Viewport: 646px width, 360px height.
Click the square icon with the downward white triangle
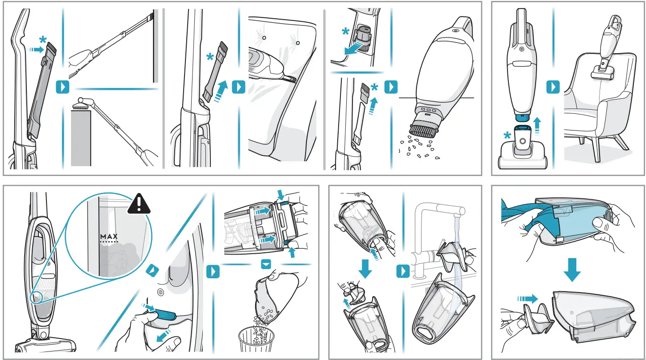[x=266, y=265]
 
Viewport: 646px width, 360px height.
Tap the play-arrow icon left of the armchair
[x=553, y=87]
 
